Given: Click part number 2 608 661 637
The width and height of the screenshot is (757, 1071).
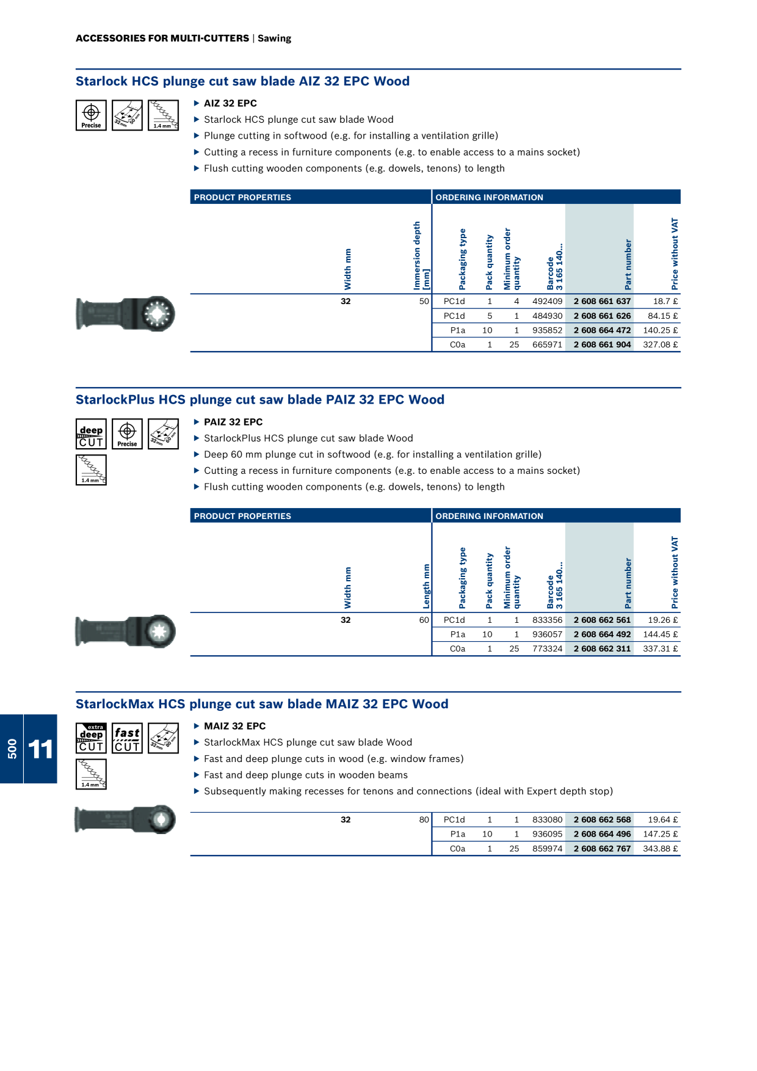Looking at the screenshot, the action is (602, 301).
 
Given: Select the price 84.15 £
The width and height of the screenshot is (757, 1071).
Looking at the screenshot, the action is (662, 316).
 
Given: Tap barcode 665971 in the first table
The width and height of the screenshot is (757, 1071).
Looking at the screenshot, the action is (547, 344).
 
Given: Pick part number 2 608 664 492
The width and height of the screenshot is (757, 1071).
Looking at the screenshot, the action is (602, 634).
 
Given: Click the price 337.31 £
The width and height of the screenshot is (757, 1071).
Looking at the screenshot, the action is (660, 648).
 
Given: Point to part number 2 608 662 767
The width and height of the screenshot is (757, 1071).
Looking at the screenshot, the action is (602, 848).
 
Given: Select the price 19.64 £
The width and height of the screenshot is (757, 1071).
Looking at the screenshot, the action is (662, 819).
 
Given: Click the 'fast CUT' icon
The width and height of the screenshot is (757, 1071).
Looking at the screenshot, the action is (127, 738).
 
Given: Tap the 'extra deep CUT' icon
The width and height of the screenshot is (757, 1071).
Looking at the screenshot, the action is (91, 738).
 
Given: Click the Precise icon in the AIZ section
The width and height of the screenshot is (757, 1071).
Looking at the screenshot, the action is (91, 115).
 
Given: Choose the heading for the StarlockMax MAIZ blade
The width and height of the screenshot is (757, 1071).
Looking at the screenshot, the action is (262, 704).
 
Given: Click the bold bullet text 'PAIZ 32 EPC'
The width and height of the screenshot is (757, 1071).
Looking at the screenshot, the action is (233, 422).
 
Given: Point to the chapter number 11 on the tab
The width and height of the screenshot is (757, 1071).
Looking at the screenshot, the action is (40, 749).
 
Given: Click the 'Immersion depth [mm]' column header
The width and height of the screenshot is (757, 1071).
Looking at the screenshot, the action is (421, 255).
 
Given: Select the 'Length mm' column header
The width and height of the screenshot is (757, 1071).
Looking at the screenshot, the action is (426, 586).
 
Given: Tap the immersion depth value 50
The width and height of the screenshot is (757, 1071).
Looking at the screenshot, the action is (424, 301).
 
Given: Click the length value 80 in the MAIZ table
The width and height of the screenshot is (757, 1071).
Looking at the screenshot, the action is (424, 819).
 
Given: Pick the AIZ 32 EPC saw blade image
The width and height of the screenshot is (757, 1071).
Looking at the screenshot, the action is (125, 314).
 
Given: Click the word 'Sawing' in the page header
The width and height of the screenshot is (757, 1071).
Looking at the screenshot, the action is (274, 38).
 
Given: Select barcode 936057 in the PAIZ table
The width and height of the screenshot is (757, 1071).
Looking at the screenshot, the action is (547, 634).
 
